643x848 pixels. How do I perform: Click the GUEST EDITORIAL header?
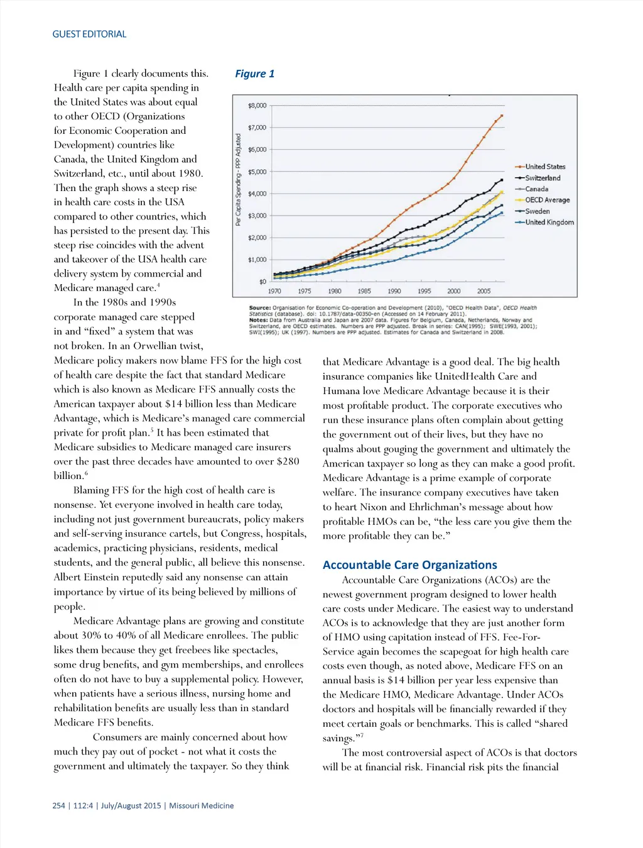click(89, 34)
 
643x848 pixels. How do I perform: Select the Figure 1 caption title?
click(254, 74)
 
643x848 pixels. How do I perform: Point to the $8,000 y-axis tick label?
click(257, 106)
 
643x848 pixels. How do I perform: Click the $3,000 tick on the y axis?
click(257, 216)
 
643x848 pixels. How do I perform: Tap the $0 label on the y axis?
click(262, 282)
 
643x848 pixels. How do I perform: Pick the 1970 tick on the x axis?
click(274, 291)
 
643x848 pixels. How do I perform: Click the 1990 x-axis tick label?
click(394, 291)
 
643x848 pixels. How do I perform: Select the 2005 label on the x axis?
click(484, 291)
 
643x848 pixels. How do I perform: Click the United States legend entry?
click(545, 167)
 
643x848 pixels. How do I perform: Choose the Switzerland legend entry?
click(543, 178)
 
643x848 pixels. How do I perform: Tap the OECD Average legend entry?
click(547, 200)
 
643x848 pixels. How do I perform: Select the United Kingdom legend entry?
click(549, 222)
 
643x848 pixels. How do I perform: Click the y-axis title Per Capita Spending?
click(239, 180)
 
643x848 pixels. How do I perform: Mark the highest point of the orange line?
click(501, 116)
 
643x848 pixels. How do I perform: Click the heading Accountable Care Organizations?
click(409, 564)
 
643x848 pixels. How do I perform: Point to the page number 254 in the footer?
click(58, 805)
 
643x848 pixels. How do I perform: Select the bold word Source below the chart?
click(259, 308)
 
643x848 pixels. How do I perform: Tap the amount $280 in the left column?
click(288, 461)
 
